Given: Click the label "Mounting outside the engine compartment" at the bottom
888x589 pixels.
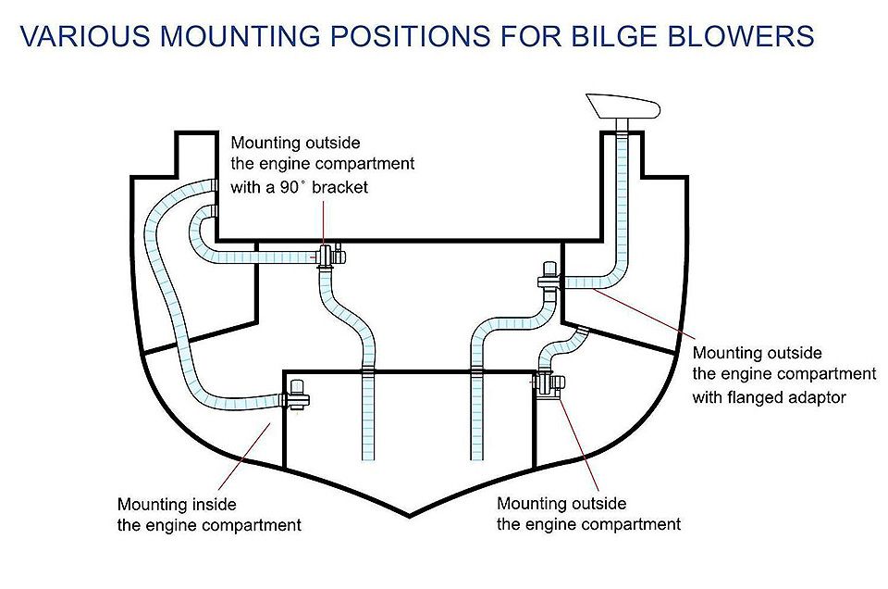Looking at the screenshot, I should pos(588,514).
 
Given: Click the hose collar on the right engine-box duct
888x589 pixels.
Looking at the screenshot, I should pos(477,372).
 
